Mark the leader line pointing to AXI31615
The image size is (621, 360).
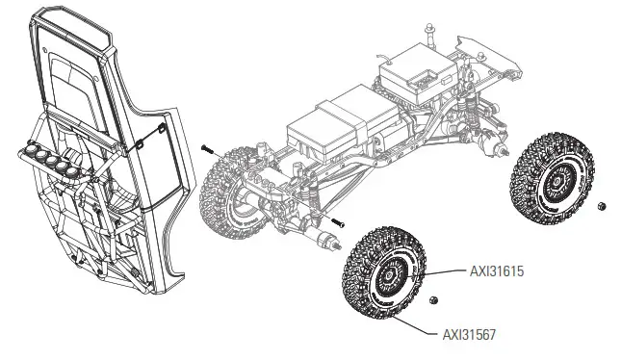pyautogui.click(x=443, y=273)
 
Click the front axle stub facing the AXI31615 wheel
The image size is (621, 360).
pyautogui.click(x=333, y=240)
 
